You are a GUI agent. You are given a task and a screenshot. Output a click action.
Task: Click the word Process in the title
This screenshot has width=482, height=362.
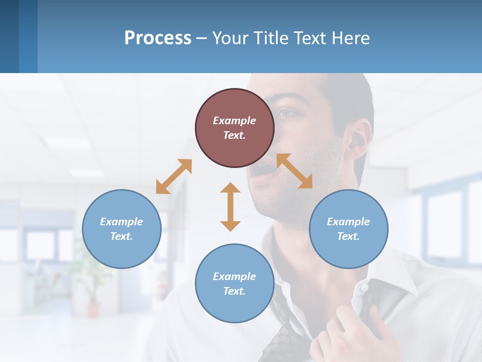pyautogui.click(x=158, y=38)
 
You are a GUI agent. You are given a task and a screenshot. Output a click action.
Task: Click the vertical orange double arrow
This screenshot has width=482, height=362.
pyautogui.click(x=230, y=207)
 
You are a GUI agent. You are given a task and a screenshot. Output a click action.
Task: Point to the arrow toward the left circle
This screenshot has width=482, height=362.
pyautogui.click(x=174, y=176)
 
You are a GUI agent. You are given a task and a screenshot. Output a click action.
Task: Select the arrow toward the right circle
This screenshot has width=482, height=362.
pyautogui.click(x=294, y=171)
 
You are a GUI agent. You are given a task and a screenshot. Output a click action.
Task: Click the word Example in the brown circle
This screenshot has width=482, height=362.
pyautogui.click(x=234, y=121)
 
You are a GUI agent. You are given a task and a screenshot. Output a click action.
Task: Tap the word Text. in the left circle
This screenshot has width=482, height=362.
pyautogui.click(x=122, y=236)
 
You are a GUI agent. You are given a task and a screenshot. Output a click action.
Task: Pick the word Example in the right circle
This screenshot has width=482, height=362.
pyautogui.click(x=348, y=222)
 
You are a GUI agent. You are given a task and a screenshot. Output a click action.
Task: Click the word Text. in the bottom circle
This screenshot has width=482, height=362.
pyautogui.click(x=234, y=291)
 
